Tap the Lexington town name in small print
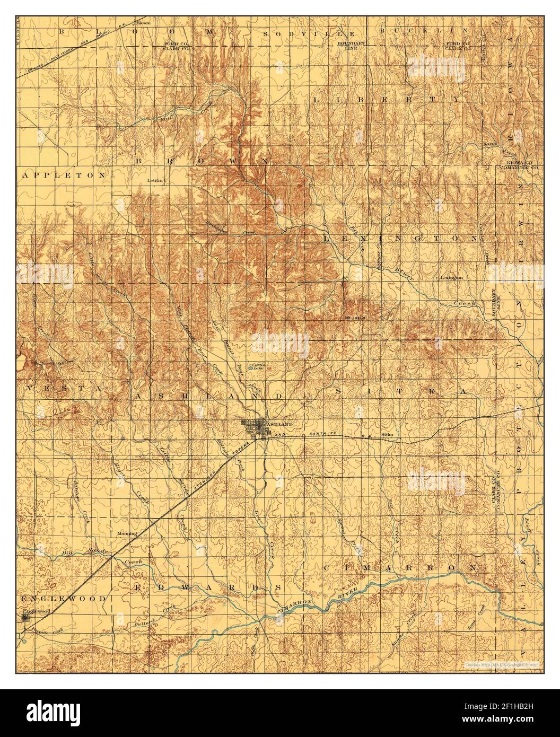click(x=452, y=277)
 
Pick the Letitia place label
click(x=157, y=180)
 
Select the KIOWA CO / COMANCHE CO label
click(x=516, y=165)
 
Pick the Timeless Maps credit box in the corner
click(x=501, y=663)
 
